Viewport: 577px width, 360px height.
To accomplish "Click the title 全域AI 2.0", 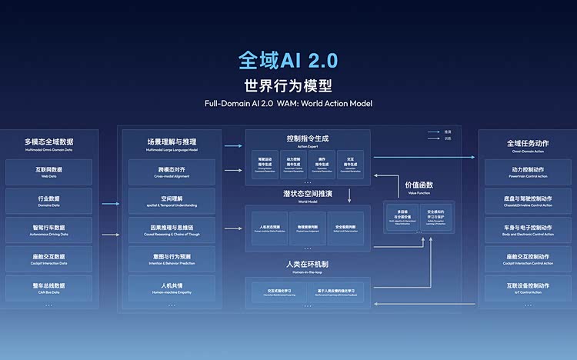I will [x=288, y=61].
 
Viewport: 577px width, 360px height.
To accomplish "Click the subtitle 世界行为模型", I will [x=288, y=85].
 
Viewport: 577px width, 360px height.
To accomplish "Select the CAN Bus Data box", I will [x=48, y=288].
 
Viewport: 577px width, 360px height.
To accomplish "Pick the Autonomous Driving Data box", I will [x=48, y=230].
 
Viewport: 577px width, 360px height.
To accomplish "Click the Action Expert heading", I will [x=307, y=141].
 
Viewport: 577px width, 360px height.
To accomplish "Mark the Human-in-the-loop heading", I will [x=307, y=266].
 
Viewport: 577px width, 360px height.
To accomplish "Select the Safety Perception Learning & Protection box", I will [x=436, y=216].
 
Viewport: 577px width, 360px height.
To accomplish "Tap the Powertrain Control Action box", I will [x=527, y=172].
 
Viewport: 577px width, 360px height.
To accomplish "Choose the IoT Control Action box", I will [x=527, y=288].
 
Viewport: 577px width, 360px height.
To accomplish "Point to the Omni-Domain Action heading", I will [x=527, y=145].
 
